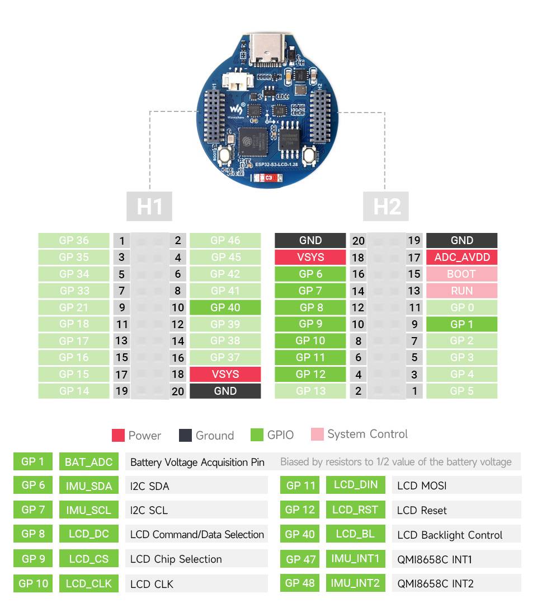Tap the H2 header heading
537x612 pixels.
pyautogui.click(x=386, y=206)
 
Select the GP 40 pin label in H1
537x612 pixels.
pyautogui.click(x=225, y=307)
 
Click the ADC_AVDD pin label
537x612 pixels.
pyautogui.click(x=461, y=257)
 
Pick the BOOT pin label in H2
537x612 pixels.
pyautogui.click(x=461, y=274)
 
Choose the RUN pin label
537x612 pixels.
pyautogui.click(x=461, y=291)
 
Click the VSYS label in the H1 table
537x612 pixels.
pyautogui.click(x=225, y=374)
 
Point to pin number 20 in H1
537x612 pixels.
pyautogui.click(x=178, y=391)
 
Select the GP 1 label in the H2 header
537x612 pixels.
pyautogui.click(x=461, y=324)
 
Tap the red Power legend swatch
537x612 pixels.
pyautogui.click(x=118, y=435)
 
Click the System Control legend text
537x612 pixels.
pyautogui.click(x=368, y=434)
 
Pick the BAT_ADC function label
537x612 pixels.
pyautogui.click(x=88, y=462)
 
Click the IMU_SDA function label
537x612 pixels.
pyautogui.click(x=88, y=486)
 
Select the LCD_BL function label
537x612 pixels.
pyautogui.click(x=355, y=534)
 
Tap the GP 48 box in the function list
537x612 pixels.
pyautogui.click(x=300, y=583)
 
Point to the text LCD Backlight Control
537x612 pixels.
pyautogui.click(x=450, y=535)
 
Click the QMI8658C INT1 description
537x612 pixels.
pyautogui.click(x=435, y=559)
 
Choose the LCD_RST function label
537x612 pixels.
pyautogui.click(x=355, y=510)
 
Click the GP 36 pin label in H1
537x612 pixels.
pyautogui.click(x=74, y=240)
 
